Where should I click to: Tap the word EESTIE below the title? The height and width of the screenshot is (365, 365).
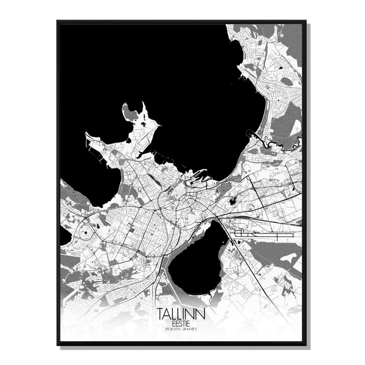click(181, 323)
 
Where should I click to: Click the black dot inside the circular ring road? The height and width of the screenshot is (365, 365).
click(85, 232)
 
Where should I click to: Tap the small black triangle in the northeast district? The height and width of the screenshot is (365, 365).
click(281, 68)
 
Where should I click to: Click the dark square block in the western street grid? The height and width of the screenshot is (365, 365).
click(132, 231)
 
